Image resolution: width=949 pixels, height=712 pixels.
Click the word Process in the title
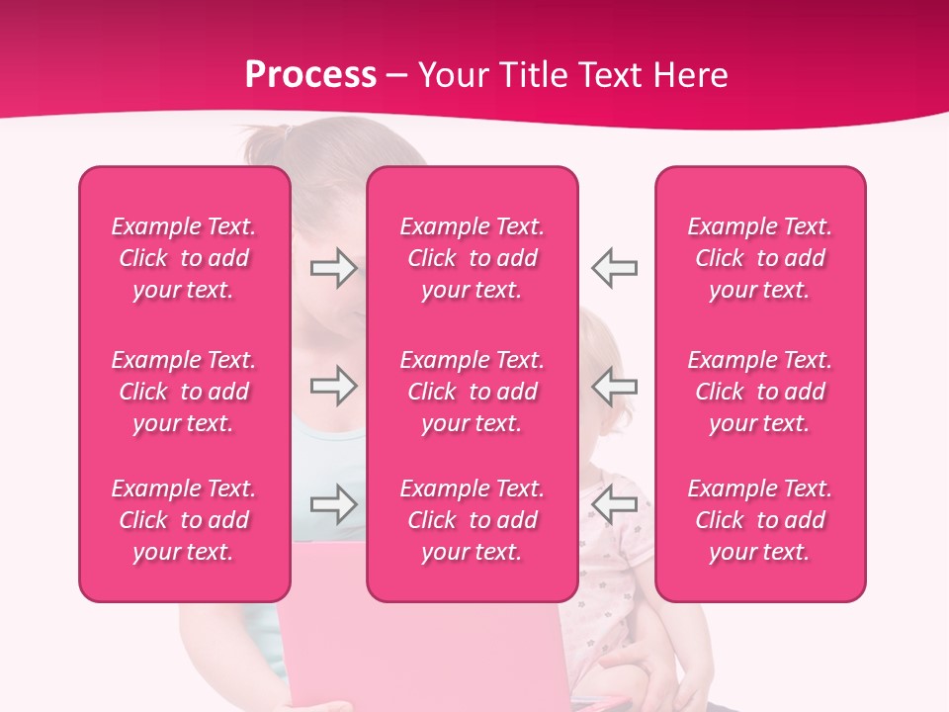310,75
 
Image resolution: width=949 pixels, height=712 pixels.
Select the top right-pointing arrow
333,268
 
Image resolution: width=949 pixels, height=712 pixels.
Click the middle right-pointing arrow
333,386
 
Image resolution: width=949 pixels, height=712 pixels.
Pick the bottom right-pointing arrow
333,504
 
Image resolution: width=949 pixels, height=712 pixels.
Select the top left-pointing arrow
615,268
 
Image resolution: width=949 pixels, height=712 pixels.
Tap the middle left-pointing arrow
615,386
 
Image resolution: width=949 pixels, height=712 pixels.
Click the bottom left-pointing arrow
615,504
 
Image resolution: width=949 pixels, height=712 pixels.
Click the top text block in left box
184,258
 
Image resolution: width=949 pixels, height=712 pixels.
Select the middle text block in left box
184,392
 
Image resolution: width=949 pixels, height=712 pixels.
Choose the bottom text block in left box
184,520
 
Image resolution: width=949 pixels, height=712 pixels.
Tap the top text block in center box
473,258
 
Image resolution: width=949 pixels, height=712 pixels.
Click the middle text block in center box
473,392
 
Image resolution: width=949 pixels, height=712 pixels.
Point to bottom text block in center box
473,520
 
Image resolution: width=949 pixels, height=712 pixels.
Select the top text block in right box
760,258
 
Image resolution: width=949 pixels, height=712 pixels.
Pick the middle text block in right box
760,392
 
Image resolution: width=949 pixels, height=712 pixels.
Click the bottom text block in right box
760,520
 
